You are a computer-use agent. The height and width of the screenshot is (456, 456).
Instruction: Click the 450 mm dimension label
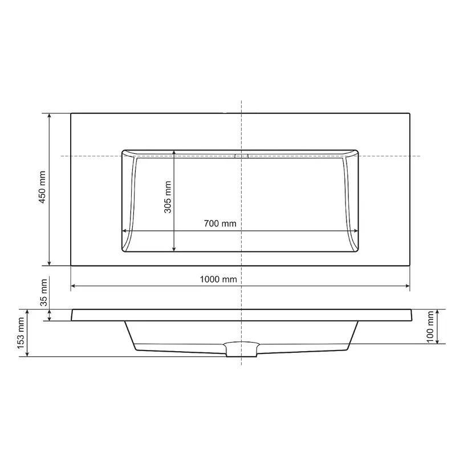click(x=42, y=187)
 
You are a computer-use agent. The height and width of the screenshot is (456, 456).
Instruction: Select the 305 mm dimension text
click(x=168, y=197)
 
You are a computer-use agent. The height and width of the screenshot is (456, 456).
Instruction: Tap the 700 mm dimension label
click(x=220, y=223)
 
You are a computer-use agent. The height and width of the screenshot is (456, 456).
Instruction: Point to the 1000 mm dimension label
click(x=218, y=279)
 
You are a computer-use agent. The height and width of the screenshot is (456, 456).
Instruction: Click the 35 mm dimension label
click(x=44, y=292)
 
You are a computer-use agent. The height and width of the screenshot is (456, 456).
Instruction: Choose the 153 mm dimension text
click(x=21, y=333)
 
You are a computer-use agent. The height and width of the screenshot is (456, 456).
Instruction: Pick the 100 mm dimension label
click(x=430, y=327)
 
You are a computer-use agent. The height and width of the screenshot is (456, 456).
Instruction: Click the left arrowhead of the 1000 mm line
click(x=74, y=286)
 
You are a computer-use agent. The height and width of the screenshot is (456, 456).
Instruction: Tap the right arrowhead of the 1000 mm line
click(x=407, y=286)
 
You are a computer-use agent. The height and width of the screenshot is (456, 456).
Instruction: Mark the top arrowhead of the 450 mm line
click(x=50, y=116)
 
